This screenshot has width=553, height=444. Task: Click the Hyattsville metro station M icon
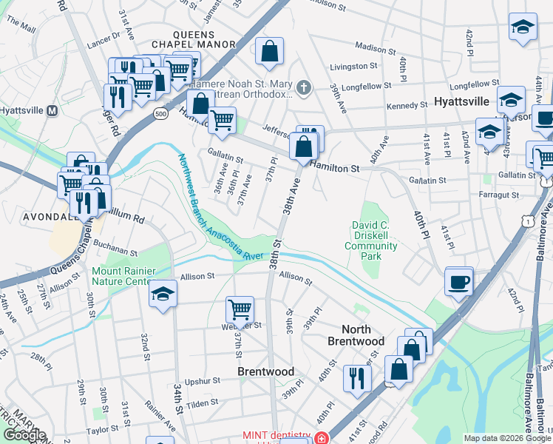click(x=52, y=110)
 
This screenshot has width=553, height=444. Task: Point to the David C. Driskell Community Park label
click(x=375, y=240)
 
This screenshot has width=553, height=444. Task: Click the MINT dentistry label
click(x=276, y=437)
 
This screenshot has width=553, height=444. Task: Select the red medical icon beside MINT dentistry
click(x=321, y=437)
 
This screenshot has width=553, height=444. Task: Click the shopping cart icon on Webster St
click(x=240, y=309)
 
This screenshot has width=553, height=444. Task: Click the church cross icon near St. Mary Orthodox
click(x=303, y=90)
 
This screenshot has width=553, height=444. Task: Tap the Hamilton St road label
click(x=335, y=168)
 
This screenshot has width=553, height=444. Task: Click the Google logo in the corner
click(x=24, y=435)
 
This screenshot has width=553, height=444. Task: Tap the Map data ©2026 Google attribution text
click(x=506, y=438)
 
